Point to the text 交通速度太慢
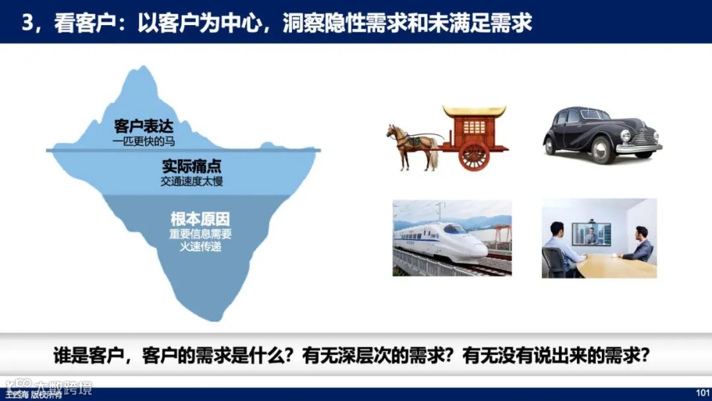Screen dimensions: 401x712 coord(191,181)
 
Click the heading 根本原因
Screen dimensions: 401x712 coord(200,219)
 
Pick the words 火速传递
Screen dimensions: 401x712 coord(200,246)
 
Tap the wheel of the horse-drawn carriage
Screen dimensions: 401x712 coord(474,155)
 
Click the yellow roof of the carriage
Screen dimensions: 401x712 coord(474,111)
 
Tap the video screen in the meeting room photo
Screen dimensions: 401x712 coord(591,234)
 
